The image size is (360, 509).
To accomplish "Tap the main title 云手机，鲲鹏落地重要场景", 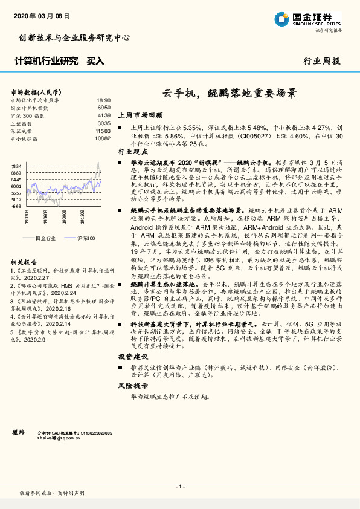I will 230,94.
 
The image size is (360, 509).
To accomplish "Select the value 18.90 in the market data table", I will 103,100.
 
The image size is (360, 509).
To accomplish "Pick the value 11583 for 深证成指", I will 103,131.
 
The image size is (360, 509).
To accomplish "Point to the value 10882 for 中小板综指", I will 103,138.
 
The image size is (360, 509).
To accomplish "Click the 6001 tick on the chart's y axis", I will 16,186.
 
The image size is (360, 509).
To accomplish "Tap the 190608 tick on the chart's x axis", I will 46,216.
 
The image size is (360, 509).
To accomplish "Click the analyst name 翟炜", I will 18,433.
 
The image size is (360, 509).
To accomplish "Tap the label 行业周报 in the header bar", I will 321,61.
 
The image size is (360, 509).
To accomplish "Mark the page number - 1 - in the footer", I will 179,486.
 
